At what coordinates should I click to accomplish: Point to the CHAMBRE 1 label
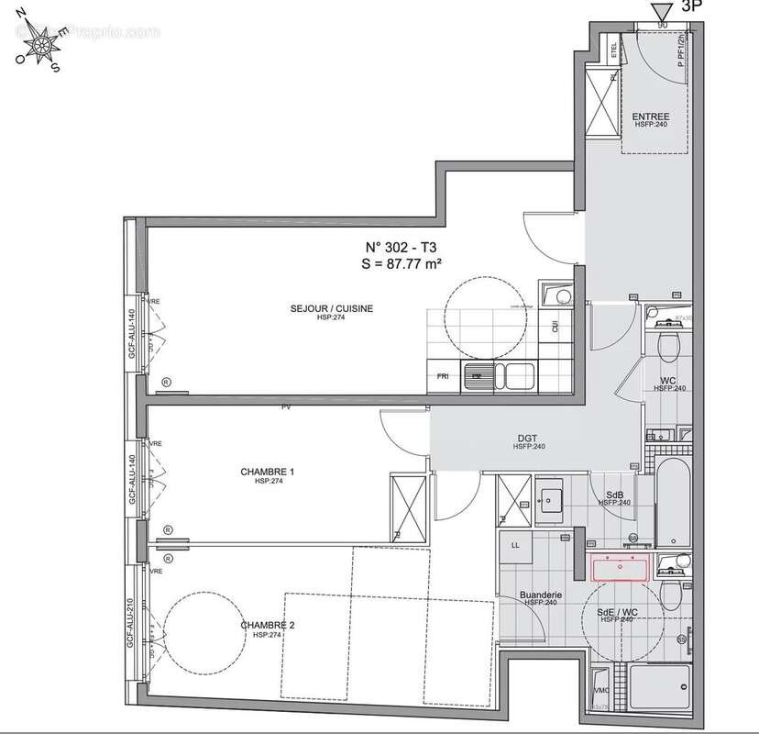260,472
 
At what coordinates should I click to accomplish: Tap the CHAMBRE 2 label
260,626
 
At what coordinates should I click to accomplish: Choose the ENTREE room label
650,117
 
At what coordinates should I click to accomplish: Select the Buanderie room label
538,595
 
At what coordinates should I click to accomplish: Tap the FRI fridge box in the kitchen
443,375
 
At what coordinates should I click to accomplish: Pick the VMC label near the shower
600,691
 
